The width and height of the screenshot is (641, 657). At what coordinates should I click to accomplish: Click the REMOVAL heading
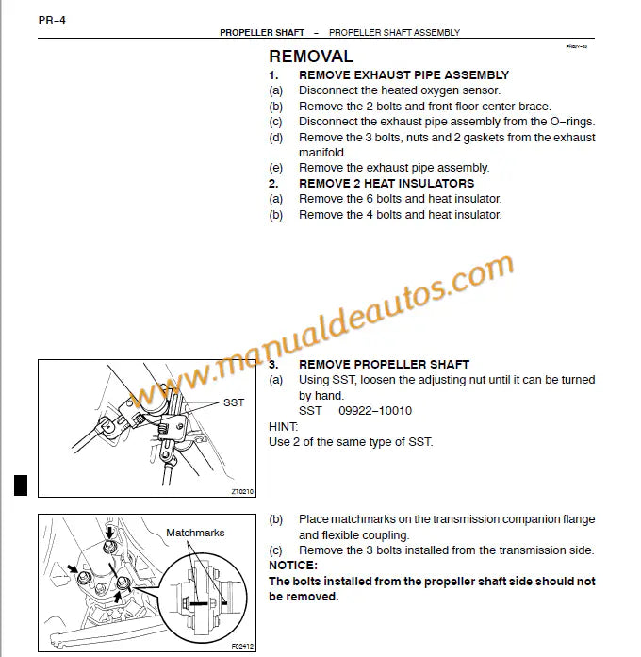[x=311, y=57]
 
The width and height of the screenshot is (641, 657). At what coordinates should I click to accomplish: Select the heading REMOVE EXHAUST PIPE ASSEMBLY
[x=403, y=74]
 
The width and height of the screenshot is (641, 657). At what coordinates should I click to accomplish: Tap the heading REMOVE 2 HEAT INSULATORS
[x=386, y=183]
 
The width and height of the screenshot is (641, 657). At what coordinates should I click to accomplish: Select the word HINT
[x=283, y=426]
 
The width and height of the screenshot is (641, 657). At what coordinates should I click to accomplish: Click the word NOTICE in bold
[x=292, y=566]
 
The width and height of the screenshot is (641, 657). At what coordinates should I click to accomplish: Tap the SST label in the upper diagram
[x=234, y=402]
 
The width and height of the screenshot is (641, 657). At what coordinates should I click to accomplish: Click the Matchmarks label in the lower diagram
[x=195, y=533]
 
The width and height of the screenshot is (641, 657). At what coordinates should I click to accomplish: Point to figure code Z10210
[x=242, y=491]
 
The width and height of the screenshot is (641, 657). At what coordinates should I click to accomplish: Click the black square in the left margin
[x=20, y=485]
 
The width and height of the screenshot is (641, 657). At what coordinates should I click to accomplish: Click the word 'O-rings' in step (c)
[x=572, y=121]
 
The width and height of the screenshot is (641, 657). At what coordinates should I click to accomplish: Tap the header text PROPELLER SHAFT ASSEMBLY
[x=394, y=32]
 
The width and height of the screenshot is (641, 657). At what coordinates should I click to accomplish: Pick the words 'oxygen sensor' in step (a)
[x=452, y=90]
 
